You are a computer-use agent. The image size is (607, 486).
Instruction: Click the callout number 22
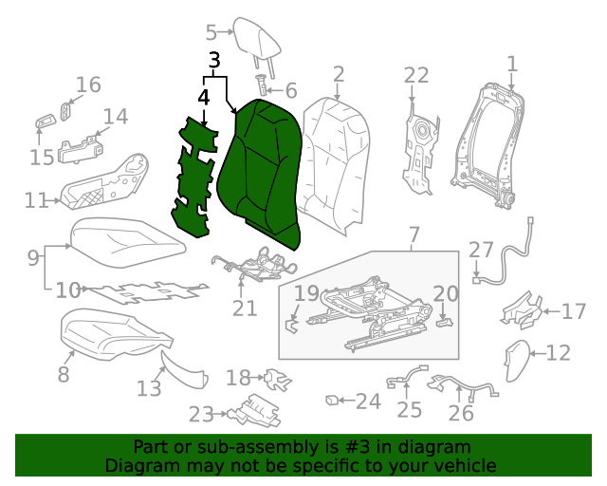pyautogui.click(x=416, y=76)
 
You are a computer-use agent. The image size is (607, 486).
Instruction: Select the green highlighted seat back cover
pyautogui.click(x=261, y=171)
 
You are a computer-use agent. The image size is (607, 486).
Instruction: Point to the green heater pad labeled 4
pyautogui.click(x=201, y=176)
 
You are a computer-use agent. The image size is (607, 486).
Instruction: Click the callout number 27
pyautogui.click(x=482, y=250)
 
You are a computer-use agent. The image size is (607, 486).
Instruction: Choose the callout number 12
pyautogui.click(x=559, y=353)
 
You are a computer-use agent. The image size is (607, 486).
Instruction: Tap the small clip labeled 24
pyautogui.click(x=332, y=400)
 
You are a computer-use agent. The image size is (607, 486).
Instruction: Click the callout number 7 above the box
pyautogui.click(x=414, y=234)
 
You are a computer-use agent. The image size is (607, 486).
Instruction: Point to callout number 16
pyautogui.click(x=87, y=85)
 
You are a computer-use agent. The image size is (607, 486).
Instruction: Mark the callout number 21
pyautogui.click(x=245, y=308)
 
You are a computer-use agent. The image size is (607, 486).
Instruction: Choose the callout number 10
pyautogui.click(x=68, y=290)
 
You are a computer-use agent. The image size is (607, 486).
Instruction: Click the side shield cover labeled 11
pyautogui.click(x=104, y=185)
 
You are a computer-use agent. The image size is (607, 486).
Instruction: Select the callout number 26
pyautogui.click(x=460, y=413)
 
